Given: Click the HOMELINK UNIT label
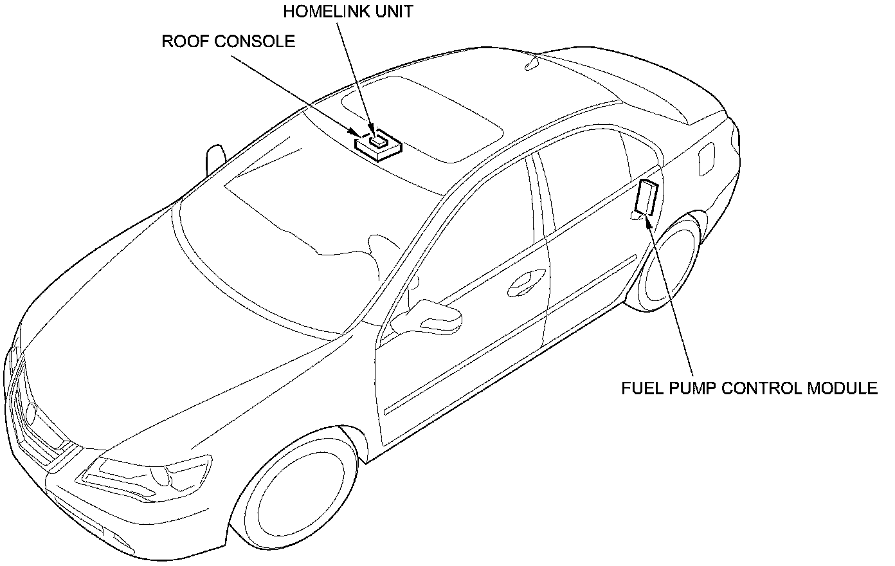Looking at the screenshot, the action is point(348,12).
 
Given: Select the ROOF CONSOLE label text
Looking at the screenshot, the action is point(228,42).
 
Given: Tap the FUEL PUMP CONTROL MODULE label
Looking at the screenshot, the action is point(749,388).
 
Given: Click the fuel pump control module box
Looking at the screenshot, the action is point(646,197).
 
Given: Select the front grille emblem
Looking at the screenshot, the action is point(31,414).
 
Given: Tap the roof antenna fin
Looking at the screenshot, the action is point(532,64).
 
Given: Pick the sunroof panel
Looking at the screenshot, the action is point(422,120).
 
